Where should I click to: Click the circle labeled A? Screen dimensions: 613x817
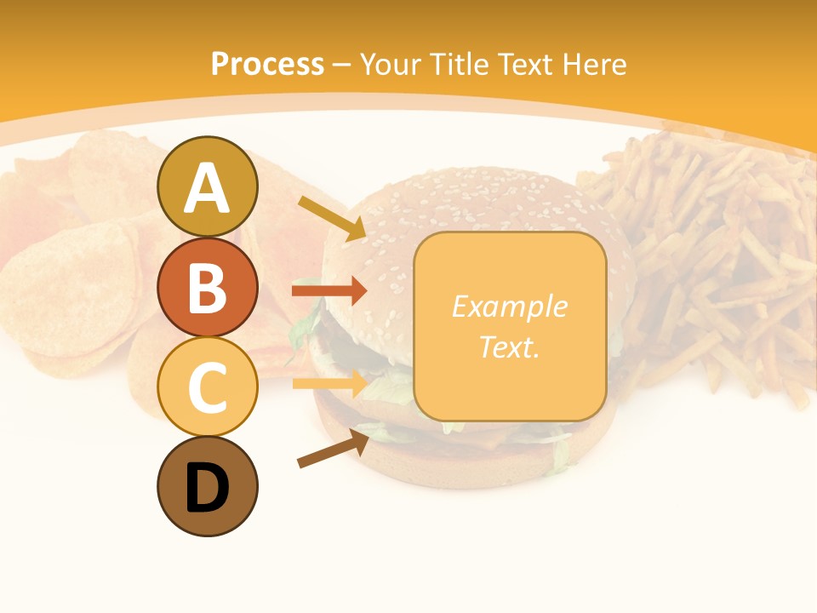click(x=208, y=186)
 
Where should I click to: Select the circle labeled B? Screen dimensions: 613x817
click(x=208, y=287)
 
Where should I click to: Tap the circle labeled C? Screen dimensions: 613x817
click(x=208, y=387)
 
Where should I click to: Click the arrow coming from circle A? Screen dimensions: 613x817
click(x=332, y=218)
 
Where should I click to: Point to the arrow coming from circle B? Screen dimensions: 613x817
click(x=329, y=290)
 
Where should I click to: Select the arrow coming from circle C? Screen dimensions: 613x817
click(x=329, y=383)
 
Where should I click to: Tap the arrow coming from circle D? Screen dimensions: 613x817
click(x=332, y=449)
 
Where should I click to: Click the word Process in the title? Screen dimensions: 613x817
click(x=267, y=64)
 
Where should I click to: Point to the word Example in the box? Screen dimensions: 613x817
click(x=509, y=306)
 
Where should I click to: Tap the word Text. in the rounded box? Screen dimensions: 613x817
click(x=509, y=347)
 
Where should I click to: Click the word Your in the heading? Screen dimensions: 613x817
click(x=391, y=64)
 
